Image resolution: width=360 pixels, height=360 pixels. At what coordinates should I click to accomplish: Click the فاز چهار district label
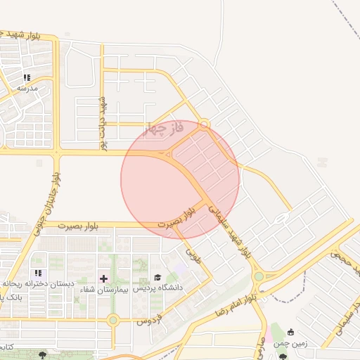coord(163,129)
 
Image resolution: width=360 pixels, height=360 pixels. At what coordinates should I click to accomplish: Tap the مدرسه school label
coord(27,89)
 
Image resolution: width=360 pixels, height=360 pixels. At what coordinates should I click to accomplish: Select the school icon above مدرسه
coord(27,78)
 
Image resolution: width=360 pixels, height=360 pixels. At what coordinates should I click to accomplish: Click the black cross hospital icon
coord(104,278)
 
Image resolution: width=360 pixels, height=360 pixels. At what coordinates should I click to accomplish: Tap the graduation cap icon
coord(158,278)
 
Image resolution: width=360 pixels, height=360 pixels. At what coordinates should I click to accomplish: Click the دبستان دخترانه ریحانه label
coord(39,283)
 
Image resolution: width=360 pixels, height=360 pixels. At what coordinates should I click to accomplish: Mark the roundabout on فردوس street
coord(113,321)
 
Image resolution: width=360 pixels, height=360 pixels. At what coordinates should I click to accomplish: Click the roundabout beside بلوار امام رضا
coord(259,276)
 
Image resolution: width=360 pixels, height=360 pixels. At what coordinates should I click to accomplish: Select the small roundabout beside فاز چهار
coord(205,124)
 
